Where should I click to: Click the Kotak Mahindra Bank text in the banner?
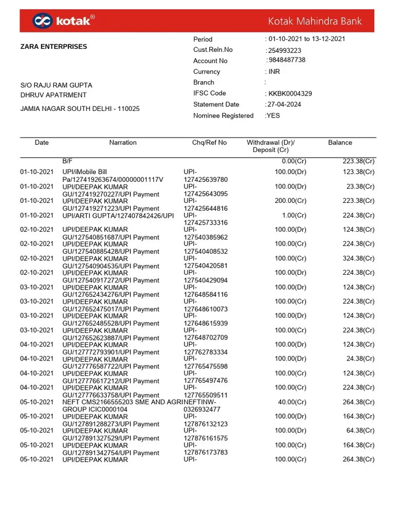tap(315, 21)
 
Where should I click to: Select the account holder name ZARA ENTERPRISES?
tap(53, 47)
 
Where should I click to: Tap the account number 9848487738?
tap(287, 60)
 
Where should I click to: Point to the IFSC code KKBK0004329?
tap(290, 93)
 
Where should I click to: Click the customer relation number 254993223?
tap(284, 50)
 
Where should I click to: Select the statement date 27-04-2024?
tap(284, 104)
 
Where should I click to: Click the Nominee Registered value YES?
tap(273, 116)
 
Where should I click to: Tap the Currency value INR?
tap(274, 71)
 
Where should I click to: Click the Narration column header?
tap(123, 142)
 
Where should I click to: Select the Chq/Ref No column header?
tap(209, 142)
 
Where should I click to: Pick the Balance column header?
tap(340, 142)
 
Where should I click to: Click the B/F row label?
tap(68, 161)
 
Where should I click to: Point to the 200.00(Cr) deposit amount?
tap(290, 201)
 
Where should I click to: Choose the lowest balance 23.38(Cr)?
tap(360, 186)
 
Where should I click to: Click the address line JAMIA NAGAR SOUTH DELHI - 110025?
tap(80, 109)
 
